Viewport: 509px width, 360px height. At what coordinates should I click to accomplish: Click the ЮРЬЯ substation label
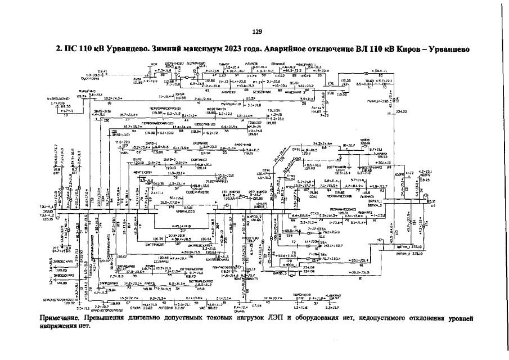click(181, 94)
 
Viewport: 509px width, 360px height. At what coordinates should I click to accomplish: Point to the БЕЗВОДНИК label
click(263, 91)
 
